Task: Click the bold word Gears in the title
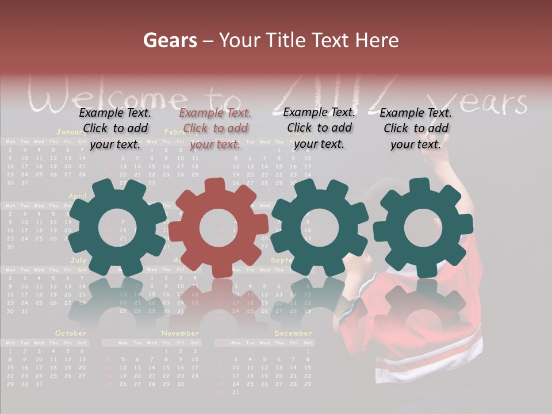170,40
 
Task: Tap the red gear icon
218,228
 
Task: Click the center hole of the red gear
218,228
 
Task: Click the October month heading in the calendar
71,333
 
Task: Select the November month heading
180,333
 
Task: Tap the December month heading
293,333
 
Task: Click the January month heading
71,132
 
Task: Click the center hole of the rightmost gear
423,228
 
